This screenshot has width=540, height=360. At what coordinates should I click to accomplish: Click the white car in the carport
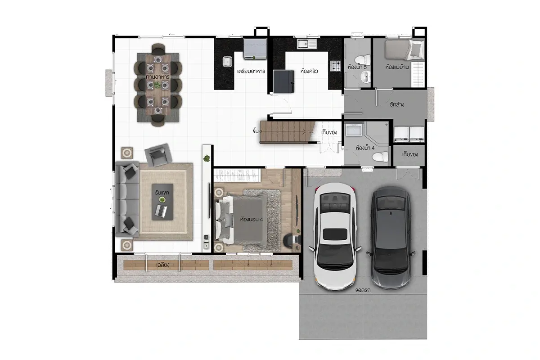pos(335,236)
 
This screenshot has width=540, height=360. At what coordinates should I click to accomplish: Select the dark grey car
pos(391,237)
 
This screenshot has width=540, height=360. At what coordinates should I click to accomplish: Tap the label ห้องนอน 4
pos(252,220)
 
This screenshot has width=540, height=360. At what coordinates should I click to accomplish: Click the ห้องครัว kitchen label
pos(309,71)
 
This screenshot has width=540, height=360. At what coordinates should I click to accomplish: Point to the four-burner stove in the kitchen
pos(335,66)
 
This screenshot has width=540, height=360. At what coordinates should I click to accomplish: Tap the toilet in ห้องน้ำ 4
pos(380,157)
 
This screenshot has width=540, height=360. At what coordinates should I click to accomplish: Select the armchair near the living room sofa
pos(158,155)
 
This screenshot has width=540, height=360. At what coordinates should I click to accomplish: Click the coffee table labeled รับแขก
pos(162,202)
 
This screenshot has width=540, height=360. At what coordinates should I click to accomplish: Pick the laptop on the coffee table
pos(161,211)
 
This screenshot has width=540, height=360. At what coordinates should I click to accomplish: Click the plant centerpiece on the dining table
pos(157,85)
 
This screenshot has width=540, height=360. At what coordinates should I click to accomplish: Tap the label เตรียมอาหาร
pos(251,71)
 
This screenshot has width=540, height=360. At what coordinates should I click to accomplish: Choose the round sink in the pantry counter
pos(227,62)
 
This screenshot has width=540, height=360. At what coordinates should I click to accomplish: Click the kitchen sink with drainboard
pos(307,44)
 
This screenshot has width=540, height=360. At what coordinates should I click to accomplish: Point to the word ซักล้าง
pos(397,104)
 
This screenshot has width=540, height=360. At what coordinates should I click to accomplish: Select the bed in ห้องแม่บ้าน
pos(404,50)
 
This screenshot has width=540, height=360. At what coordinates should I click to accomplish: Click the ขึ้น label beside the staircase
pos(256,131)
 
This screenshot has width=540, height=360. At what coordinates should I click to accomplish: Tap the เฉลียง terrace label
pos(163,265)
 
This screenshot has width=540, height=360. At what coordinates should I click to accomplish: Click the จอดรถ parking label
pos(363,290)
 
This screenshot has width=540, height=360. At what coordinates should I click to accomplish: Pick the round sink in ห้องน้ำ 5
pos(365,77)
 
